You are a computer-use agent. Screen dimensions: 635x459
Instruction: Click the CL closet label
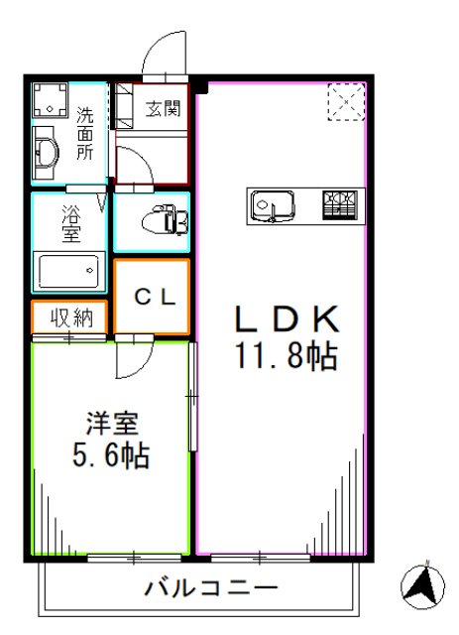coord(154,295)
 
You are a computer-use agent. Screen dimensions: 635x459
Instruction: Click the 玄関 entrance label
coord(161,108)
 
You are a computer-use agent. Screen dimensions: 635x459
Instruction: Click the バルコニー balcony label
coord(211,588)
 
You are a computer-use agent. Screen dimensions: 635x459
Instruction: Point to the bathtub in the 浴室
coord(69,269)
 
